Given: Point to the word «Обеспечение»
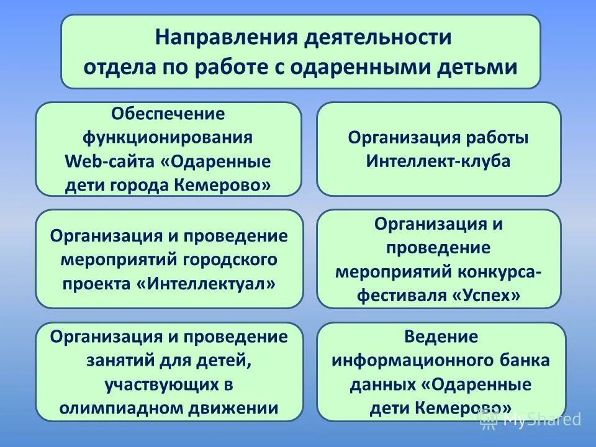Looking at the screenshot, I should pyautogui.click(x=168, y=114).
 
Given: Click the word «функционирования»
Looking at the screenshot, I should pyautogui.click(x=168, y=137).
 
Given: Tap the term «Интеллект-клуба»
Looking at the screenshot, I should pyautogui.click(x=438, y=161).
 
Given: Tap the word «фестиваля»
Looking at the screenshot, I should pyautogui.click(x=401, y=296).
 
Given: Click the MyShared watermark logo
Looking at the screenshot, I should pyautogui.click(x=530, y=420).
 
